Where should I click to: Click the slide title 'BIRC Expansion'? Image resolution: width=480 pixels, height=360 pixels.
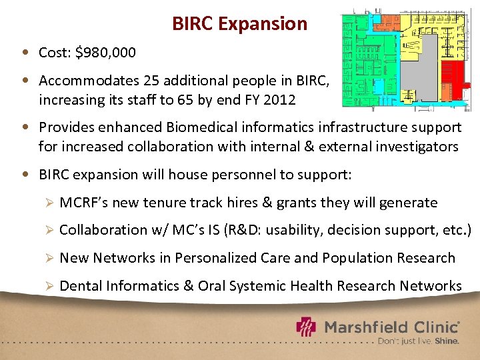point(239,24)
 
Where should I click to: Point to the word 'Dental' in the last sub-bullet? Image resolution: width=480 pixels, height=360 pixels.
point(80,286)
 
